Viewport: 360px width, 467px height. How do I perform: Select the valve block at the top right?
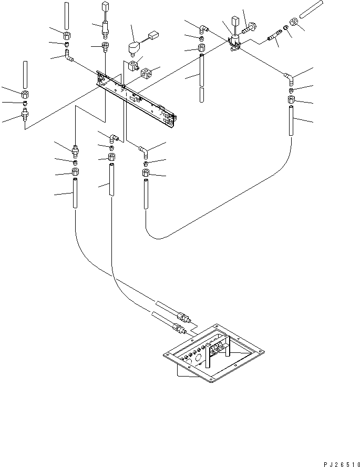(x=235, y=43)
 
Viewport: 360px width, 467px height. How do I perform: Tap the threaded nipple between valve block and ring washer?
(x=274, y=36)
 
